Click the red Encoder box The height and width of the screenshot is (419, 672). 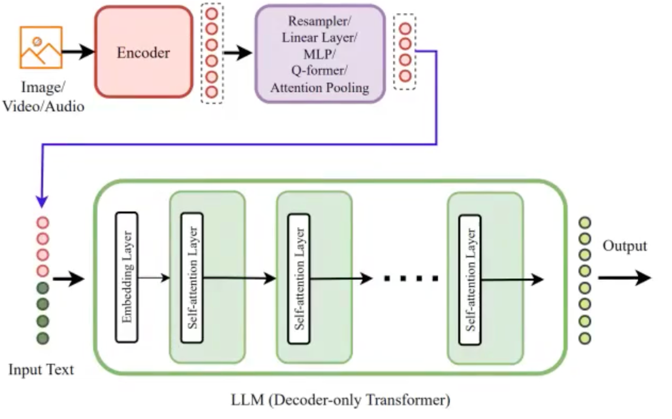click(143, 52)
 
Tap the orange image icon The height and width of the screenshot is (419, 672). click(40, 47)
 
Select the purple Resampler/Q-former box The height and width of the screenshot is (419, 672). click(319, 54)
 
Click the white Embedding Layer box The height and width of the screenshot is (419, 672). click(127, 277)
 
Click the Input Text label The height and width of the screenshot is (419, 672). click(41, 370)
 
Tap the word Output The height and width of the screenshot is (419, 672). click(625, 246)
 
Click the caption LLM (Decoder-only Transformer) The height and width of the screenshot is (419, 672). click(340, 401)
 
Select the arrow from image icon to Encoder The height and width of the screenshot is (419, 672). click(77, 51)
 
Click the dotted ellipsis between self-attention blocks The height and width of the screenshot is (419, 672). click(412, 278)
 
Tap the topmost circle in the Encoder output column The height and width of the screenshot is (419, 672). click(212, 14)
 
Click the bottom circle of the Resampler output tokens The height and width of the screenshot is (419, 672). click(405, 76)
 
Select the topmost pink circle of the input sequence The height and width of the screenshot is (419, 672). click(43, 224)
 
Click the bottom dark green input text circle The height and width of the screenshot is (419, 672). click(43, 339)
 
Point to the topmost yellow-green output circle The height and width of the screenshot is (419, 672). click(585, 223)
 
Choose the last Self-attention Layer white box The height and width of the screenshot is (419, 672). click(470, 279)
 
